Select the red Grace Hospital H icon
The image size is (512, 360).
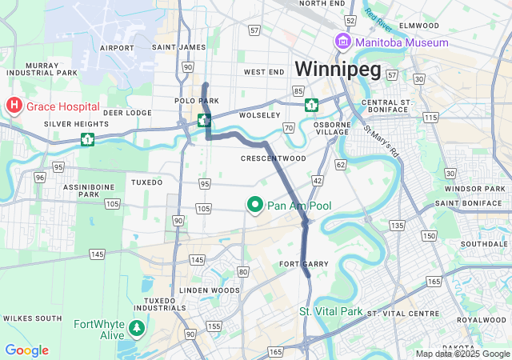pyautogui.click(x=14, y=105)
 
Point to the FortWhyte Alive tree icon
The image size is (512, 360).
pyautogui.click(x=138, y=327)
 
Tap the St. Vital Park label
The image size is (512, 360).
pyautogui.click(x=331, y=311)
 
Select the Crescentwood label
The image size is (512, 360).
pyautogui.click(x=274, y=158)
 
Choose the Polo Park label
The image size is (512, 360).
pyautogui.click(x=197, y=102)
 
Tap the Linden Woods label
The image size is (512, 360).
pyautogui.click(x=210, y=290)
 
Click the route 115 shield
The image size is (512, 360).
pyautogui.click(x=431, y=117)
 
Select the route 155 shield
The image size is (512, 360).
pyautogui.click(x=214, y=326)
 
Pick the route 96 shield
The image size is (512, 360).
pyautogui.click(x=40, y=177)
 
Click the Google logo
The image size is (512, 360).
pyautogui.click(x=26, y=350)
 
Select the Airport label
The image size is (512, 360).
pyautogui.click(x=117, y=48)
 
